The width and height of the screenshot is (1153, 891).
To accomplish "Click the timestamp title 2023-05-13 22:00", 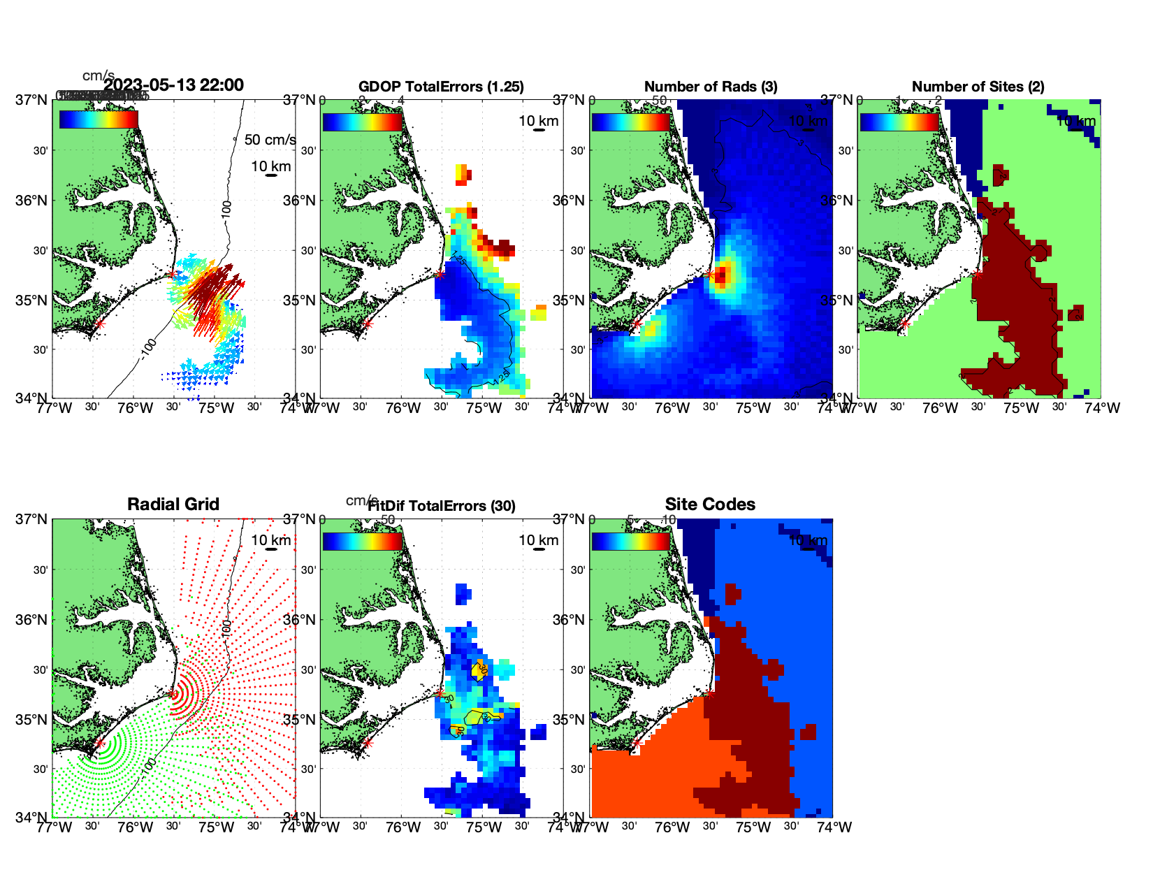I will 174,85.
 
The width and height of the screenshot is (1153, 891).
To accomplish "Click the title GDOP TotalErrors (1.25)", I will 441,87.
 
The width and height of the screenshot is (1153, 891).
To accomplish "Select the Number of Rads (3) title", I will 711,87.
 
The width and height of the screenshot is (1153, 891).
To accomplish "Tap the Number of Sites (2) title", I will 978,87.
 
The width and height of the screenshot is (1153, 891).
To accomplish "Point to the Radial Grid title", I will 173,505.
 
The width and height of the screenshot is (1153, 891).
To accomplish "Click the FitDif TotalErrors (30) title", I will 442,506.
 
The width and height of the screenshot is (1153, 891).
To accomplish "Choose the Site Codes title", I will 710,505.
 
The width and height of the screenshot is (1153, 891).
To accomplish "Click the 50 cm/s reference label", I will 270,140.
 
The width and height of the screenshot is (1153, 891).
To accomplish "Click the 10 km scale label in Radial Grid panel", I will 270,540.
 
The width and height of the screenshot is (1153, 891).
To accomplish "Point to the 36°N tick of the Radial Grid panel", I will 32,620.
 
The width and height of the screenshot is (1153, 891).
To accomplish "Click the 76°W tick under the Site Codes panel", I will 672,827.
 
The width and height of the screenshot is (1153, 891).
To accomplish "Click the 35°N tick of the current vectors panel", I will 32,300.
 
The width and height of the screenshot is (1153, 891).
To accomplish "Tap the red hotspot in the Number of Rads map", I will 723,273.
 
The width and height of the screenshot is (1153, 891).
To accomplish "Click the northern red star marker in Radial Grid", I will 173,694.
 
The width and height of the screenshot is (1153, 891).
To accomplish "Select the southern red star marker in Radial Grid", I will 99,744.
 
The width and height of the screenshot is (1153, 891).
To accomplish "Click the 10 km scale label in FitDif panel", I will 538,540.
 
